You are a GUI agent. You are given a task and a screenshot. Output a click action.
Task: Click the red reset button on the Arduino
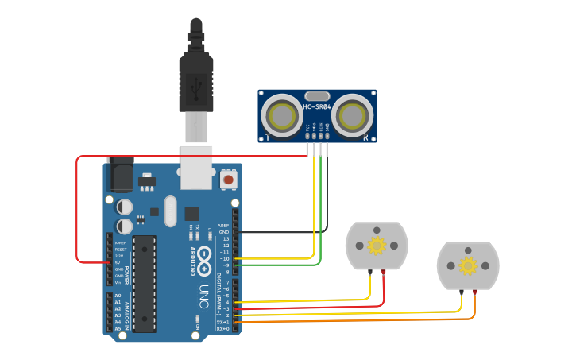229,180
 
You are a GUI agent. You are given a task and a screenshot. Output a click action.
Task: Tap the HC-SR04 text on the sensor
317,106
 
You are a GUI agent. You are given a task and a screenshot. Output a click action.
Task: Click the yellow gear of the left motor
377,245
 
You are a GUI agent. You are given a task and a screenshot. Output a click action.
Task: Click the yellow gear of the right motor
468,265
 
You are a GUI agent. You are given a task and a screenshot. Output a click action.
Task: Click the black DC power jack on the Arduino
120,175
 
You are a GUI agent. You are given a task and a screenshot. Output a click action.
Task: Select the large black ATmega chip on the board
144,282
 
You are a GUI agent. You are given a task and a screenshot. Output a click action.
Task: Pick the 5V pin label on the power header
118,262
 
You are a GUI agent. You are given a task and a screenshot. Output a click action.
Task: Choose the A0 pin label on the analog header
118,296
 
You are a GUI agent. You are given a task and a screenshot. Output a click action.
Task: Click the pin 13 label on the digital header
226,238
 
